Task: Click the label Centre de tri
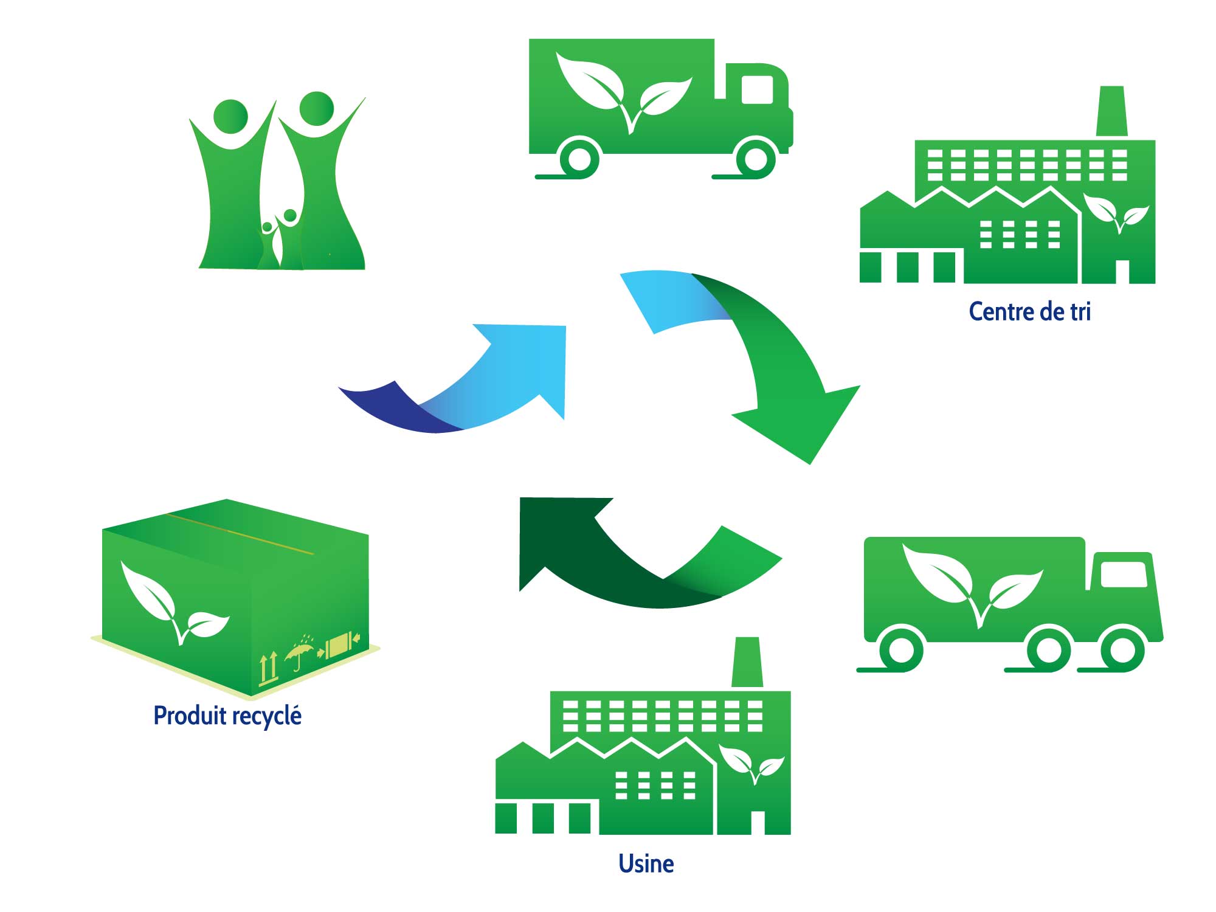point(1029,311)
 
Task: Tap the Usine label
point(646,863)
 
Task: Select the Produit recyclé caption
point(227,715)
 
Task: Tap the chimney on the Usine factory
point(747,662)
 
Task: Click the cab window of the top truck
point(757,90)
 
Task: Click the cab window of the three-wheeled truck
point(1124,574)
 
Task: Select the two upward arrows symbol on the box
point(269,668)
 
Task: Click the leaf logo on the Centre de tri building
point(1116,213)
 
